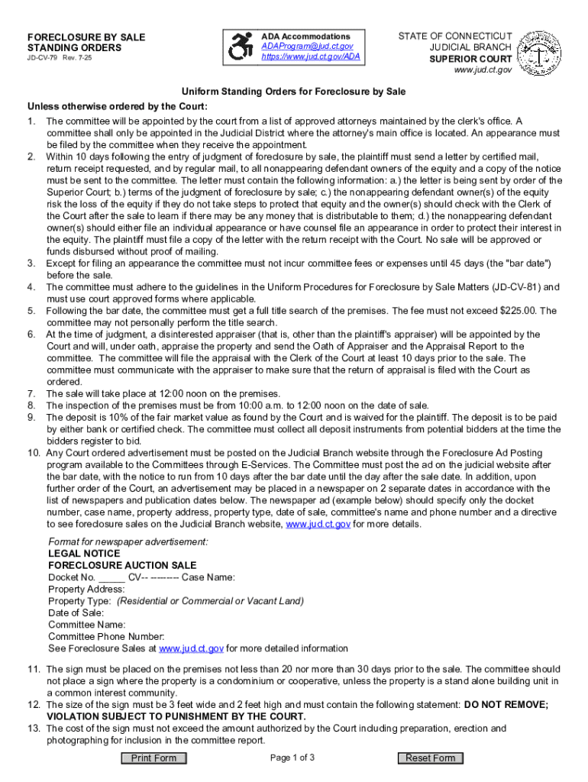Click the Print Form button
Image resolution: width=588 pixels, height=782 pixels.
(x=153, y=758)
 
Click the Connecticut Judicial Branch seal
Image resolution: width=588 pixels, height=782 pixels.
(x=533, y=53)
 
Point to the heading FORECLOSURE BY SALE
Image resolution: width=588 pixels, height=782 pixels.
(x=86, y=37)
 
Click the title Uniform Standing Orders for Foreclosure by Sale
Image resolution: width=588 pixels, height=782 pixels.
(x=293, y=92)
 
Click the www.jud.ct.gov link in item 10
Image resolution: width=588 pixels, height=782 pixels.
(x=318, y=525)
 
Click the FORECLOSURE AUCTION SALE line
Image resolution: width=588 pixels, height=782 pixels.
(x=122, y=566)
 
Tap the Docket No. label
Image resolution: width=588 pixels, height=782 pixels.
(x=71, y=577)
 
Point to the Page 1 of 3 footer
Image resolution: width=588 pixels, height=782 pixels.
(x=293, y=758)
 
